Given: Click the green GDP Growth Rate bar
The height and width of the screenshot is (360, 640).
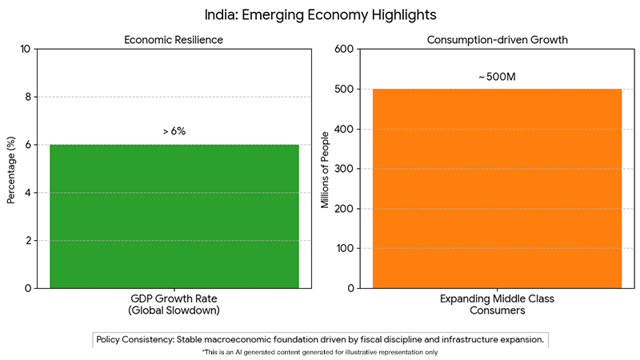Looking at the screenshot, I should (174, 216).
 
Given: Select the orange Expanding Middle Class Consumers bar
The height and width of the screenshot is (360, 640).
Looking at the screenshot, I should (497, 188).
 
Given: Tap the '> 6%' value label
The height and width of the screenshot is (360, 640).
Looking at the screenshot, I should (174, 131).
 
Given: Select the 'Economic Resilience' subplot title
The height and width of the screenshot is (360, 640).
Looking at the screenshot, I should (174, 39).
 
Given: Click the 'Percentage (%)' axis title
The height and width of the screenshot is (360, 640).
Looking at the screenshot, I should (11, 168).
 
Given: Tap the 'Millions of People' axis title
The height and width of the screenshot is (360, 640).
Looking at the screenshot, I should (325, 168).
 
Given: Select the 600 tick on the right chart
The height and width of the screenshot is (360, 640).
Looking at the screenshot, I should (344, 50).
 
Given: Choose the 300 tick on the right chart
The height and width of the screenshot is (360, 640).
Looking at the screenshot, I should (344, 169).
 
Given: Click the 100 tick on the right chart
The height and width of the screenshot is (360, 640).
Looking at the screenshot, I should (344, 249).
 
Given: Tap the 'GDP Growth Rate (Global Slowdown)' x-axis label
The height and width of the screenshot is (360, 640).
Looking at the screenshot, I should (174, 305).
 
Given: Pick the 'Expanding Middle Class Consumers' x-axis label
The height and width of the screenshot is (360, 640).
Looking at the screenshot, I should (497, 305).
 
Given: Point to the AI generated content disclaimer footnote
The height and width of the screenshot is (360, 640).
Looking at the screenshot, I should (320, 352).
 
